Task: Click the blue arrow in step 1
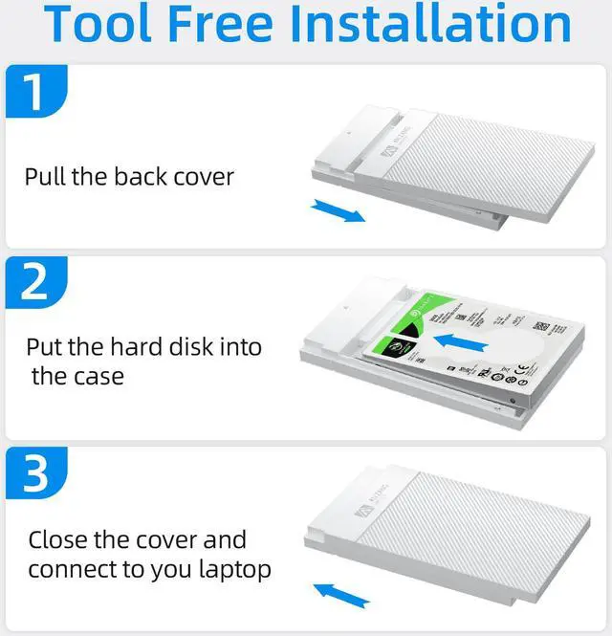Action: pyautogui.click(x=339, y=210)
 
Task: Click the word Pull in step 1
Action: pyautogui.click(x=45, y=177)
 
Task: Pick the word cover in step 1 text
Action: pyautogui.click(x=203, y=177)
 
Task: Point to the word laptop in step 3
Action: pyautogui.click(x=231, y=570)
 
